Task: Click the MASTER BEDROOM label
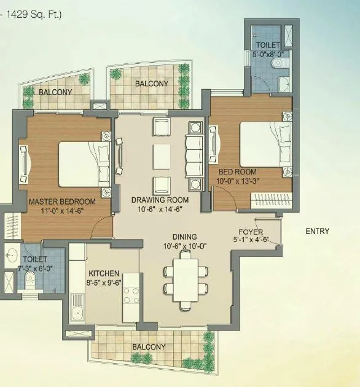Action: click(62, 201)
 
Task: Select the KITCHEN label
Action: click(104, 273)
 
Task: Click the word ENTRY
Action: click(317, 232)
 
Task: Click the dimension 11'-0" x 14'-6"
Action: click(62, 210)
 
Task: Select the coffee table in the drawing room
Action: click(162, 155)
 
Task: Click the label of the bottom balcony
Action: click(149, 347)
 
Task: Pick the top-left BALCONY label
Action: click(55, 92)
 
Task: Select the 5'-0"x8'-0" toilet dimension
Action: click(268, 54)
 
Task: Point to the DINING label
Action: click(184, 237)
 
